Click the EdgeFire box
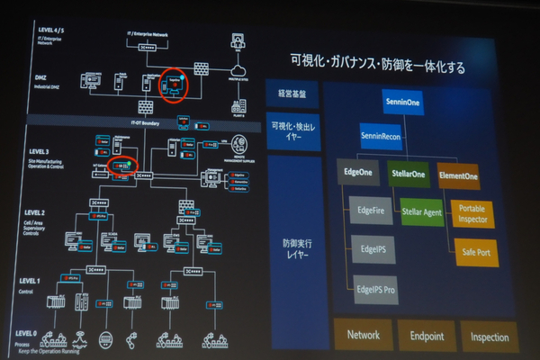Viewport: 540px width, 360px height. (x=373, y=214)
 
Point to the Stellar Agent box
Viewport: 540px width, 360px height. (x=422, y=214)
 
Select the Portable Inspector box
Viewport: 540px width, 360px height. (x=474, y=214)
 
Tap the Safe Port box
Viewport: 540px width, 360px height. (x=476, y=251)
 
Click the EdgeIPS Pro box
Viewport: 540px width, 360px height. (x=375, y=289)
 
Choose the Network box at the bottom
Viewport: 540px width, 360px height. (x=364, y=335)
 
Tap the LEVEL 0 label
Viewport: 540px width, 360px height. (x=31, y=332)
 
